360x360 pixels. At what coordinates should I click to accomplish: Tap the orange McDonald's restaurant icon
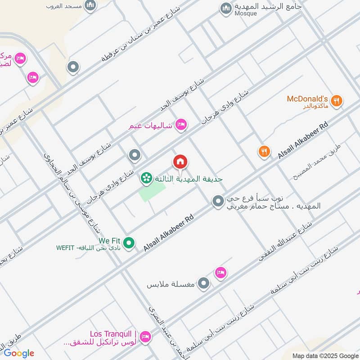pyautogui.click(x=336, y=101)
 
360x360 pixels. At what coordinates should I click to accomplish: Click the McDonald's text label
pyautogui.click(x=308, y=99)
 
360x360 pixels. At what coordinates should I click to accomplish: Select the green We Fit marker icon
pyautogui.click(x=129, y=243)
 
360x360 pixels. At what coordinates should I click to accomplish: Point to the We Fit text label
pyautogui.click(x=110, y=240)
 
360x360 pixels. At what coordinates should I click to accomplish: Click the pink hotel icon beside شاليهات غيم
pyautogui.click(x=181, y=125)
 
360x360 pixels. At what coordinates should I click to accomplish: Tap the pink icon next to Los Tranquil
pyautogui.click(x=145, y=336)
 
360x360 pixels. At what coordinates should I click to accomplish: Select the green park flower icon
pyautogui.click(x=146, y=179)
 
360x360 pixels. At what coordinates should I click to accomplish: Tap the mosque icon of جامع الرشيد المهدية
pyautogui.click(x=225, y=8)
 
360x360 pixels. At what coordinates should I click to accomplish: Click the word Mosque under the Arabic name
pyautogui.click(x=245, y=13)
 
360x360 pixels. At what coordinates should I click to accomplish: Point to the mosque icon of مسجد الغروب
pyautogui.click(x=91, y=5)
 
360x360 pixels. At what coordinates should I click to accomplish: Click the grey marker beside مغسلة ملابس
pyautogui.click(x=204, y=283)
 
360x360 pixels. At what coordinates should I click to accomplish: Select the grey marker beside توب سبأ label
pyautogui.click(x=218, y=201)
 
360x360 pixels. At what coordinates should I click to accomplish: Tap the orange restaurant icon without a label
pyautogui.click(x=264, y=152)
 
